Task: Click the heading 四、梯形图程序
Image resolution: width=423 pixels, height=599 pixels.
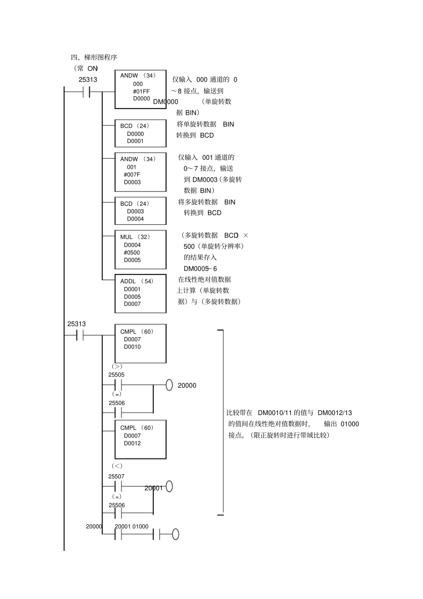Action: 94,57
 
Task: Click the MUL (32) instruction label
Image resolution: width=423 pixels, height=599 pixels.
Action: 135,237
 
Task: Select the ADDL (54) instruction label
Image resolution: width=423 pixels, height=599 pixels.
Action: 137,281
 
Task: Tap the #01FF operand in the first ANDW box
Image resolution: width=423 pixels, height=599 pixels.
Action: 141,91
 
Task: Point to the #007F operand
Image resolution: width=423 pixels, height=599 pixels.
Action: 132,175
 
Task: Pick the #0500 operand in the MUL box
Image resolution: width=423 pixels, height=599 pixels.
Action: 132,253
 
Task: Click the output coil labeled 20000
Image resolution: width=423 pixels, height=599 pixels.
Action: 169,385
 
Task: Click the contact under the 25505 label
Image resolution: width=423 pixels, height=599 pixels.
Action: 118,385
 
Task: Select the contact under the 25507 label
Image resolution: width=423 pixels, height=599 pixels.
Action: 118,486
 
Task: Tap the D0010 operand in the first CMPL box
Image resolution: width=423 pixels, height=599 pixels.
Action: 132,347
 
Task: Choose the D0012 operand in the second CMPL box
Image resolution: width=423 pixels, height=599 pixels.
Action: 132,443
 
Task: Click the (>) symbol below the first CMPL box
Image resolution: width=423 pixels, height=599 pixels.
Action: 117,367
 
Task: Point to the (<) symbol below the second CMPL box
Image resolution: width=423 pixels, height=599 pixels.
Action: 117,466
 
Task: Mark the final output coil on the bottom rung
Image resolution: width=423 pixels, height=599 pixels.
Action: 175,534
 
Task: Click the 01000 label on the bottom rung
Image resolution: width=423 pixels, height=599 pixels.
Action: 140,526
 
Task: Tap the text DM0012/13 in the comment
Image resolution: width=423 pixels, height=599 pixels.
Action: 335,413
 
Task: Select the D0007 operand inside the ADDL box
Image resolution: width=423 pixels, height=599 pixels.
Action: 132,304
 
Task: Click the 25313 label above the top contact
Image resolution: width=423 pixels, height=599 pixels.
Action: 88,80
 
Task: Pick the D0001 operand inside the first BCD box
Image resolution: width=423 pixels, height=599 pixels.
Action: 135,141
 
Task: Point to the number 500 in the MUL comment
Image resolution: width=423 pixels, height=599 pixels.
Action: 189,246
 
